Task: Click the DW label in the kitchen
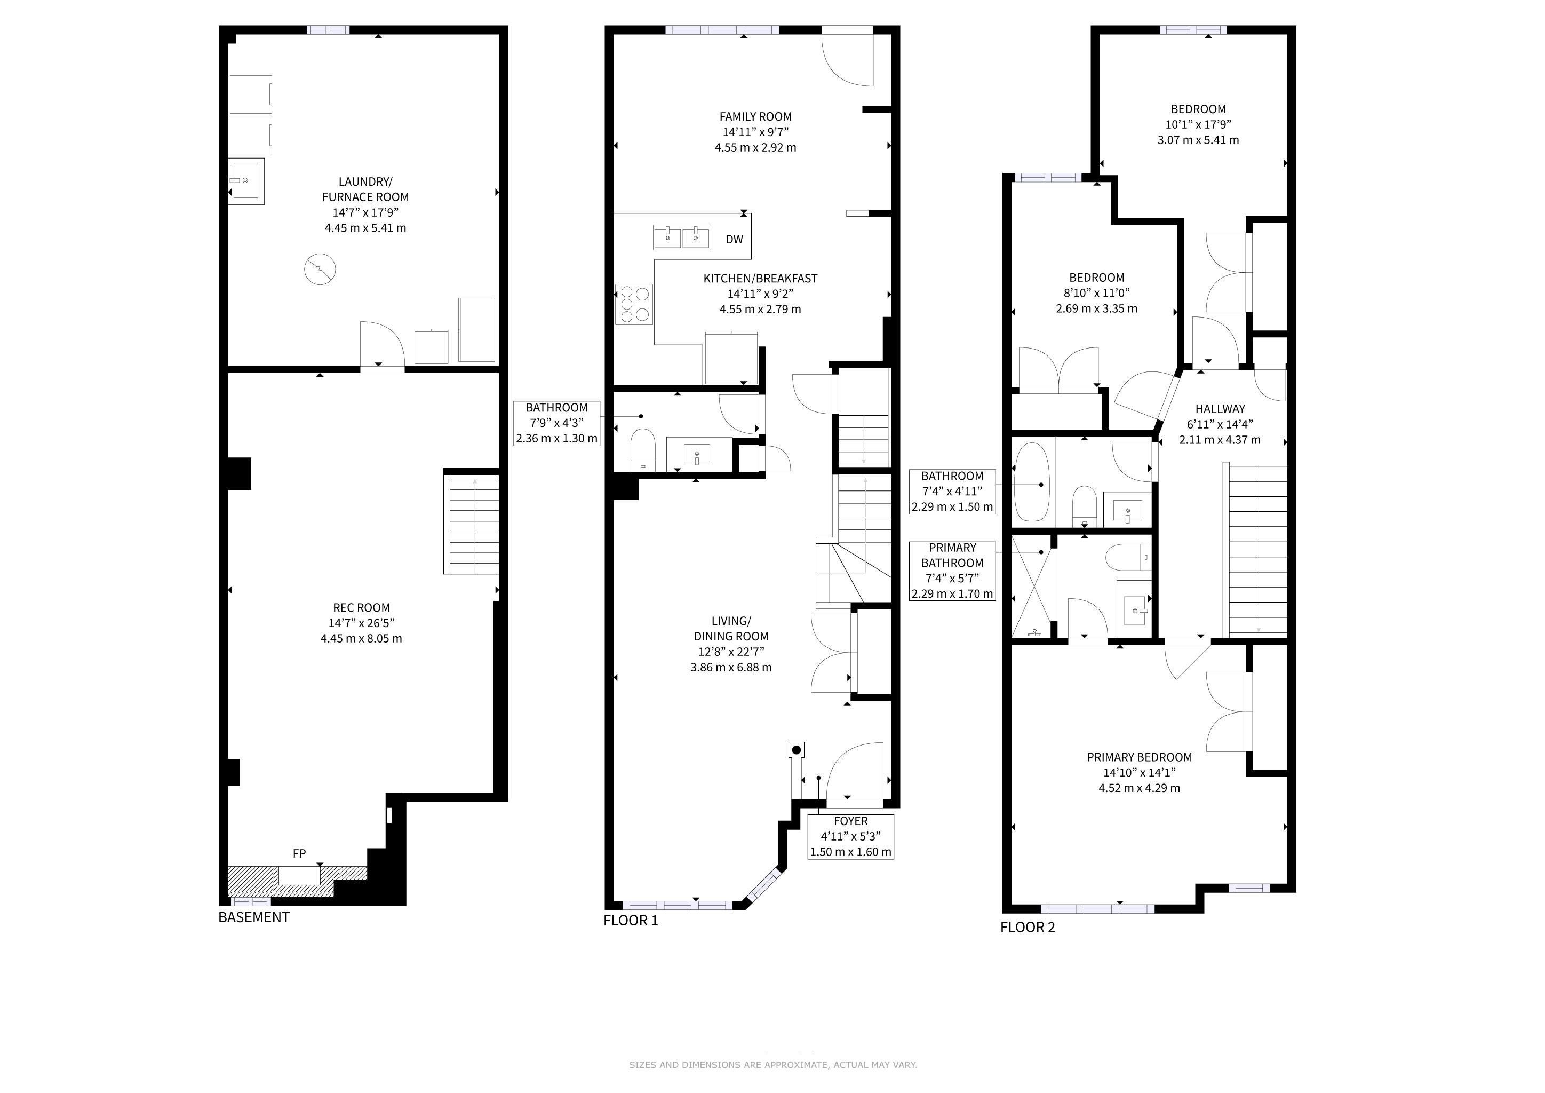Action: point(734,240)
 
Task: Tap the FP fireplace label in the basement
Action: point(299,853)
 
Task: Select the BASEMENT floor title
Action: point(254,917)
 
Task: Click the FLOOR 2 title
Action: point(1028,928)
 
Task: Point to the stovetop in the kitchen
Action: point(634,304)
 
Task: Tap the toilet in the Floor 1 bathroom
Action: point(643,449)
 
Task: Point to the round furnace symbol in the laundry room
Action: point(320,269)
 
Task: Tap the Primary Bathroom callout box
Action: point(952,571)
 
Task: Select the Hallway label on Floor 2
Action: point(1220,408)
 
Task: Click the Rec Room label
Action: point(361,608)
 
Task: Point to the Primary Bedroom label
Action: point(1139,757)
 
